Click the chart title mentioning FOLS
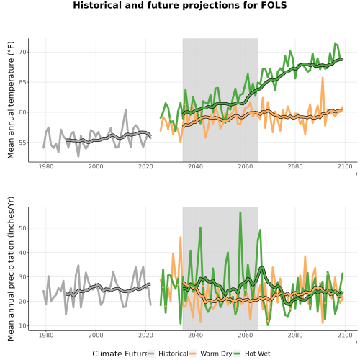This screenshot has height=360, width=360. pos(180,5)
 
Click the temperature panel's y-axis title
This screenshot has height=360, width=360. pos(11,100)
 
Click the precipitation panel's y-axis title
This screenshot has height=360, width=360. pos(11,269)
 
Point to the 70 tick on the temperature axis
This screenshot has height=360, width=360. pos(22,52)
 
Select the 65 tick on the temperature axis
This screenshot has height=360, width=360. pos(22,82)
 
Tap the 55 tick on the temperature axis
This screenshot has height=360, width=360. pos(22,143)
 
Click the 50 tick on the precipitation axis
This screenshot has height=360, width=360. pos(22,228)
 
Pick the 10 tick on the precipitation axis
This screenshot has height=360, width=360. pos(22,325)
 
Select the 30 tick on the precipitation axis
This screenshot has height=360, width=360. pos(22,276)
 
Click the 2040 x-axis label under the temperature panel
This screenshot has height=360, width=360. pos(195,166)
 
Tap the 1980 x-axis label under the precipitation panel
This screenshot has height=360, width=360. pos(46,335)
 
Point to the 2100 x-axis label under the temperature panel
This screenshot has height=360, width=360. pos(345,166)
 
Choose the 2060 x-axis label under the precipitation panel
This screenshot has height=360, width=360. pos(246,335)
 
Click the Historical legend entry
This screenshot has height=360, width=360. pos(168,354)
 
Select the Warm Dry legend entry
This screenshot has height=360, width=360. pos(211,354)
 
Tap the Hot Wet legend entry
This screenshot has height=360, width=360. pos(252,354)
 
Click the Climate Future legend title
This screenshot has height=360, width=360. pos(120,354)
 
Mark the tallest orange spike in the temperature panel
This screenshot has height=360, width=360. pos(323,78)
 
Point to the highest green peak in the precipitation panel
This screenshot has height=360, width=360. pos(240,212)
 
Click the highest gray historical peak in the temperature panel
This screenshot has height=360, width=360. pos(125,109)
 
